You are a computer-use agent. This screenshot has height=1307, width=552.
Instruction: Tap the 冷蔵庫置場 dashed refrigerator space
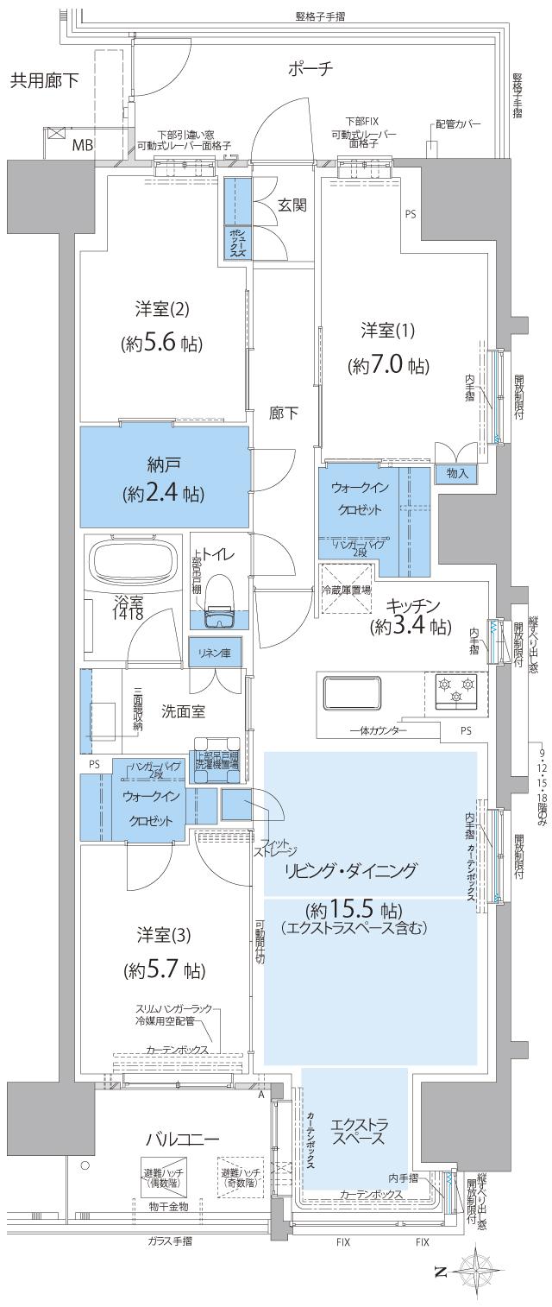345,590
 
